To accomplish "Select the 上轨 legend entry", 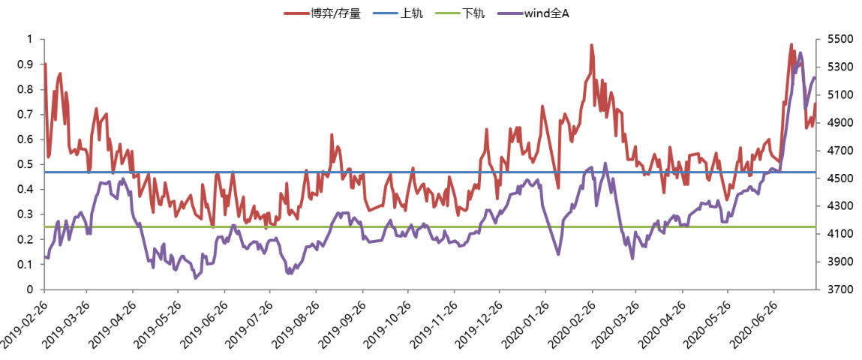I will pos(413,13).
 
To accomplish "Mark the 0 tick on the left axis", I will pos(31,289).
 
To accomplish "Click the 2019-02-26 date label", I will pos(23,322).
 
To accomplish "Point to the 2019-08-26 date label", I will pos(298,322).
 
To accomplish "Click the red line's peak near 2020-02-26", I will pos(591,45).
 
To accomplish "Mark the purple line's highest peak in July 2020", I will pos(800,52).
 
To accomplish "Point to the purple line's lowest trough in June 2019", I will pos(196,278).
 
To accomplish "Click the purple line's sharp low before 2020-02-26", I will pos(558,254).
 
